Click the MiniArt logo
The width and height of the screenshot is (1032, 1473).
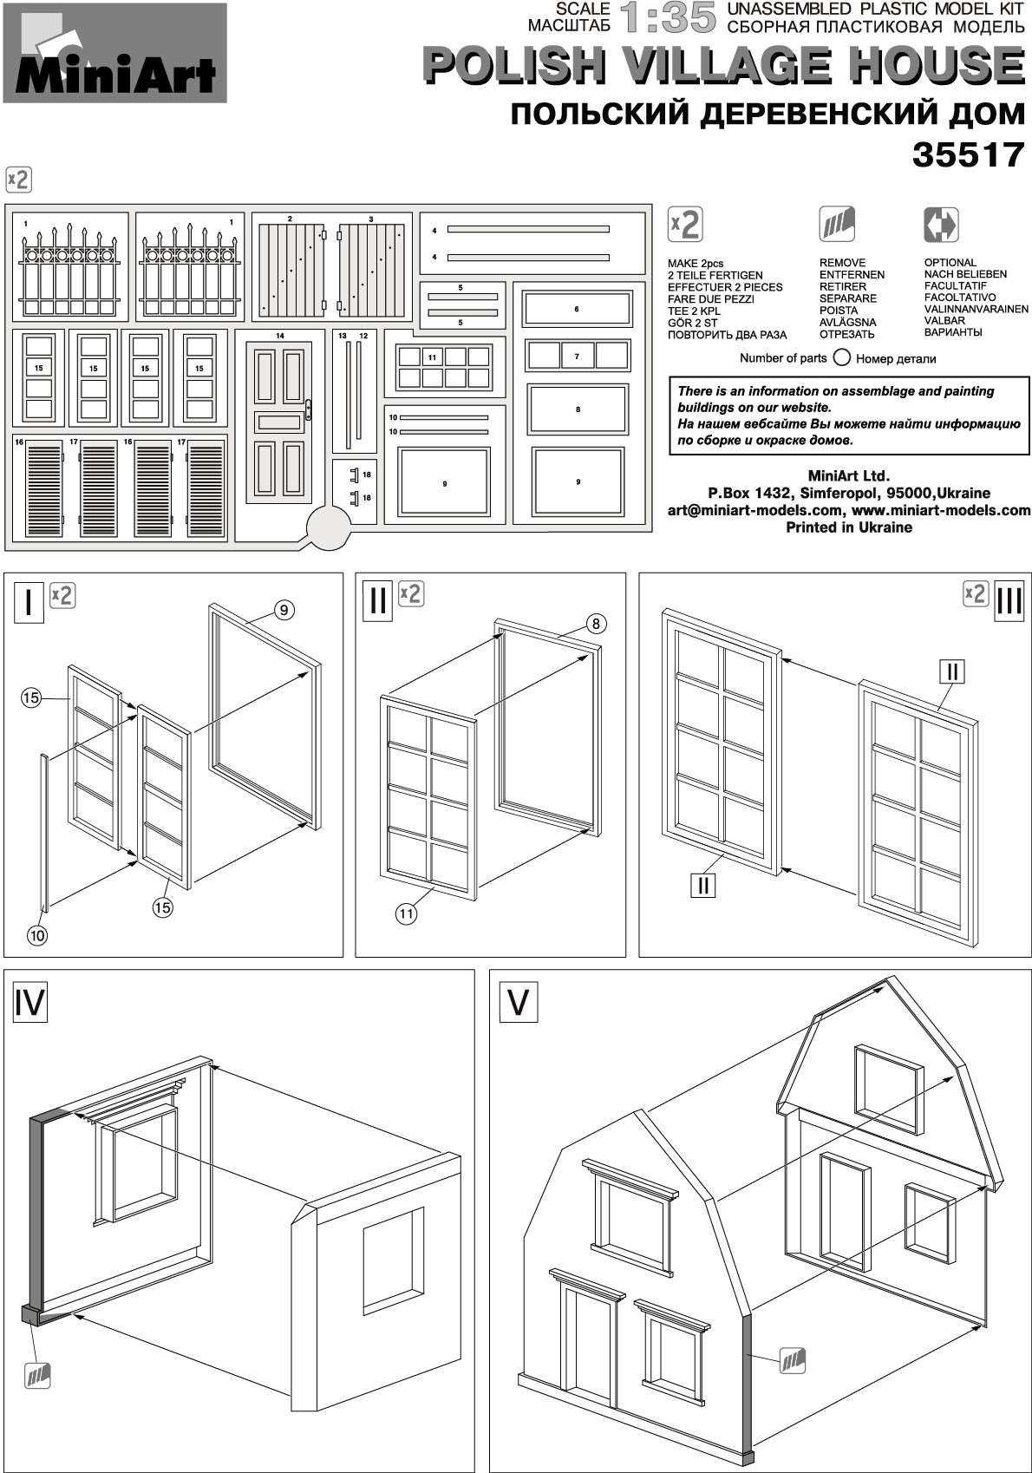[x=114, y=54]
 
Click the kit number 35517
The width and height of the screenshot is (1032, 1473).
[x=968, y=155]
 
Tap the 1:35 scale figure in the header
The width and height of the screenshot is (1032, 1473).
[x=669, y=18]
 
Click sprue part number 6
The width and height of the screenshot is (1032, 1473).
[x=577, y=309]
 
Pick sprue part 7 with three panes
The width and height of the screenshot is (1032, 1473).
[x=577, y=356]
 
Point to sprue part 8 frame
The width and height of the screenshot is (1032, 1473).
[x=578, y=409]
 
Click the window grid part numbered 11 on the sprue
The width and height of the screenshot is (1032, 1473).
[x=444, y=367]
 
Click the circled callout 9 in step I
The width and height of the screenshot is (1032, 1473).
[x=284, y=611]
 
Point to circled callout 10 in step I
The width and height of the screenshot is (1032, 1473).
[x=36, y=935]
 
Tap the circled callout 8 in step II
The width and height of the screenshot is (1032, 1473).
[x=596, y=624]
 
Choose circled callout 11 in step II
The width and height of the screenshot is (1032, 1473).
[x=407, y=913]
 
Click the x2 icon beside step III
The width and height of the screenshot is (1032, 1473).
[x=976, y=594]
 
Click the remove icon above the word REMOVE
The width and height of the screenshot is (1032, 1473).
[x=837, y=225]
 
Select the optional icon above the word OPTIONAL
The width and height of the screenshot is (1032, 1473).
[x=941, y=225]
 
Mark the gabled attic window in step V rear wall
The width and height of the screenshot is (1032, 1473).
[x=887, y=1089]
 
